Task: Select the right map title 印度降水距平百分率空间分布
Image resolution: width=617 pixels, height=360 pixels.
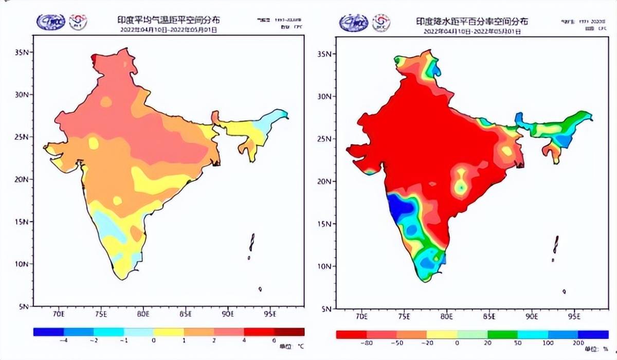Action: pyautogui.click(x=471, y=22)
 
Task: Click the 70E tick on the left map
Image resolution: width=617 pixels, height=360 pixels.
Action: pyautogui.click(x=59, y=313)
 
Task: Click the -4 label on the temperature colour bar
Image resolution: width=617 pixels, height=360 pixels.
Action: pyautogui.click(x=63, y=340)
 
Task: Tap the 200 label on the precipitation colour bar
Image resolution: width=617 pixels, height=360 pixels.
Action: pyautogui.click(x=578, y=343)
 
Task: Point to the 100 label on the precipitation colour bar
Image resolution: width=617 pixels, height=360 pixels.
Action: pyautogui.click(x=548, y=343)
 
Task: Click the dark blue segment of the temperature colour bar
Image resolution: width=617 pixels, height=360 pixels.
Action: pyautogui.click(x=48, y=332)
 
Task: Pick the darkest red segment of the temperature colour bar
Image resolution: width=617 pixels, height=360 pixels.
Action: pyautogui.click(x=289, y=332)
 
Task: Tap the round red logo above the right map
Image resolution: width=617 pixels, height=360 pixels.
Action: pyautogui.click(x=381, y=22)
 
